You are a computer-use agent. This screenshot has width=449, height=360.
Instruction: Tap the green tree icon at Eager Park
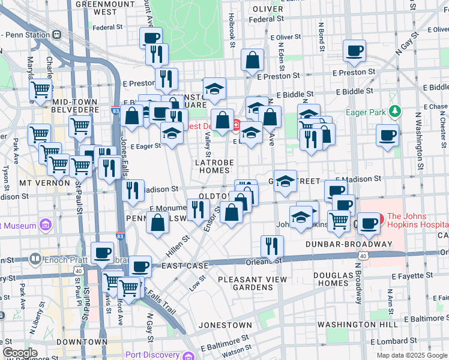coord(394,111)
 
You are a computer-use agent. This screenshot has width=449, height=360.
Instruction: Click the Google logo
coord(20,353)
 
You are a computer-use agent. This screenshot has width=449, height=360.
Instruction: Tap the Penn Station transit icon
coord(58,34)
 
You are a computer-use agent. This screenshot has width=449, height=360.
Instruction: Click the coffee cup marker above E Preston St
coord(354,50)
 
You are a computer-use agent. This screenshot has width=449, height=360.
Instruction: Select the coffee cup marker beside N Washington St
coord(388,135)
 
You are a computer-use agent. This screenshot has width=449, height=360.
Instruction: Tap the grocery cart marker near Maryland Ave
coord(40,90)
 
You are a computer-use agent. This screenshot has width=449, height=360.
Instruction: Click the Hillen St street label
coord(178,246)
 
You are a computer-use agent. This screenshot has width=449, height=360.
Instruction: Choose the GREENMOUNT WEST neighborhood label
coord(97,7)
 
